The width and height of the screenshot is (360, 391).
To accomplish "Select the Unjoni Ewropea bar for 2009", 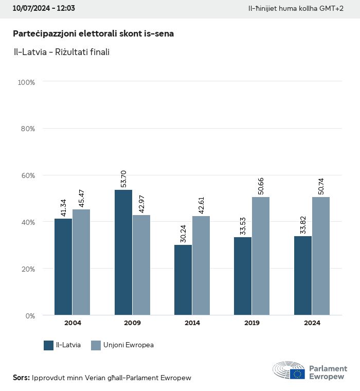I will point(141,265).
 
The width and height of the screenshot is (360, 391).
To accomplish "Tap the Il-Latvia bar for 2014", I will point(183,280).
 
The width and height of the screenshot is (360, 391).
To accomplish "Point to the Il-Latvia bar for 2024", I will point(303,275).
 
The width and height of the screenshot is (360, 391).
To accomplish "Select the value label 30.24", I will point(184,234).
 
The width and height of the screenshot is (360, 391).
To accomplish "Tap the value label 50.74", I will point(321,186).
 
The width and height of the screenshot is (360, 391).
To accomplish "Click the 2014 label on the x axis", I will point(192,323).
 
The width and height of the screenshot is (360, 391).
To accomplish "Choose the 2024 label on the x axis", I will point(312,323).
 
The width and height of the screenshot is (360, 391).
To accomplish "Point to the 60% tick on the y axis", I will point(27,175).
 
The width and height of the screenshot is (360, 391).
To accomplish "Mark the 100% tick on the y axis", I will point(26,82).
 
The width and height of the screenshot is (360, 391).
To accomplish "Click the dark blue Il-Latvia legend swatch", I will point(49,345).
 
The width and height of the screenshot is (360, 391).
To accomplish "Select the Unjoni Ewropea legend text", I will point(129,345).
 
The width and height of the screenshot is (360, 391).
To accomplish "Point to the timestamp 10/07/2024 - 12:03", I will point(44,9).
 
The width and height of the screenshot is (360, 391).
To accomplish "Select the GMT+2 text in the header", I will point(332,9).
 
